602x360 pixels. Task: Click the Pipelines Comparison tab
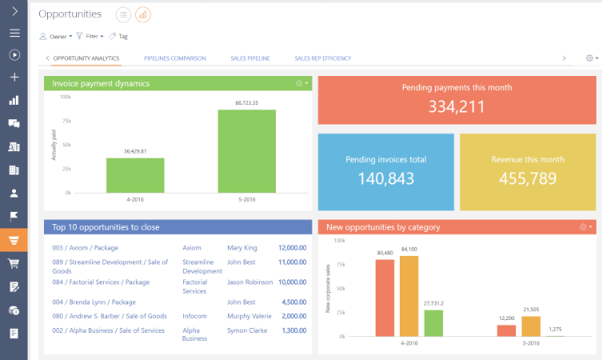point(175,58)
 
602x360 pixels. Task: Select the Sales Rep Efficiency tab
point(322,58)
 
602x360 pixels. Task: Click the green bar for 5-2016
point(247,151)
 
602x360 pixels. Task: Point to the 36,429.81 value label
point(135,150)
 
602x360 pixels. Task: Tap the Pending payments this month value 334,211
point(456,106)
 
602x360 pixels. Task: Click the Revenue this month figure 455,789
point(527,178)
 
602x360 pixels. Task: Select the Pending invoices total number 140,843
point(385,178)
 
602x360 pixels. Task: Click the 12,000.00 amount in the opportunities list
point(292,248)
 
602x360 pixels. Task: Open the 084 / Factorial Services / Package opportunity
point(101,282)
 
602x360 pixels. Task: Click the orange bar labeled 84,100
point(409,296)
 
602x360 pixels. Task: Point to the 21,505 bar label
point(532,309)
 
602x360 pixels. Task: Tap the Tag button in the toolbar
point(118,36)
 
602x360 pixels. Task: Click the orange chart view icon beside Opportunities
point(143,14)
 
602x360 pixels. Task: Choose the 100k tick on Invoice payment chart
point(66,97)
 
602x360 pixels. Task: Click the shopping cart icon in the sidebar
point(14,263)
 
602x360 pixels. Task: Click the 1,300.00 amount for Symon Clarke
point(293,330)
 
